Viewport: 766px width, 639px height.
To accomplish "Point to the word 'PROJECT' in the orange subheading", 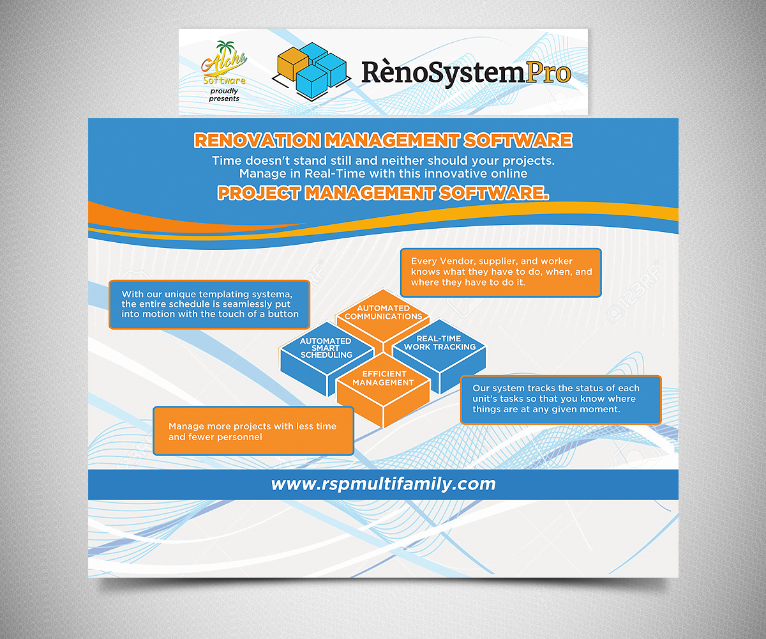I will point(259,193).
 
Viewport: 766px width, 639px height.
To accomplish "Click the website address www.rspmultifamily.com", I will point(383,484).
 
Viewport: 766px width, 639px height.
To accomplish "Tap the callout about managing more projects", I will point(253,431).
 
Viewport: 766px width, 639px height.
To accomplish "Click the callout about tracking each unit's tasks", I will point(560,399).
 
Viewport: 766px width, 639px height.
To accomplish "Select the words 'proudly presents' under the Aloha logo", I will point(224,95).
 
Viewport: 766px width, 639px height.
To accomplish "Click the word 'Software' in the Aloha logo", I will point(224,81).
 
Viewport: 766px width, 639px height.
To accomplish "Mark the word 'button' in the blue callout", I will point(283,314).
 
